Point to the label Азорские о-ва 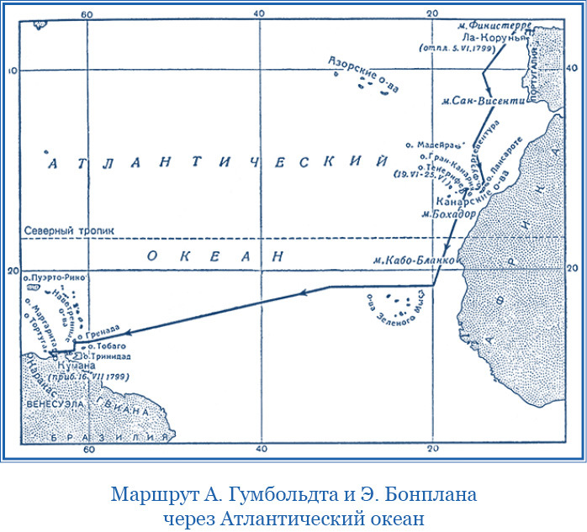pyautogui.click(x=360, y=75)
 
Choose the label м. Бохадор pyautogui.click(x=446, y=213)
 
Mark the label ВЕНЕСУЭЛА pyautogui.click(x=53, y=404)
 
